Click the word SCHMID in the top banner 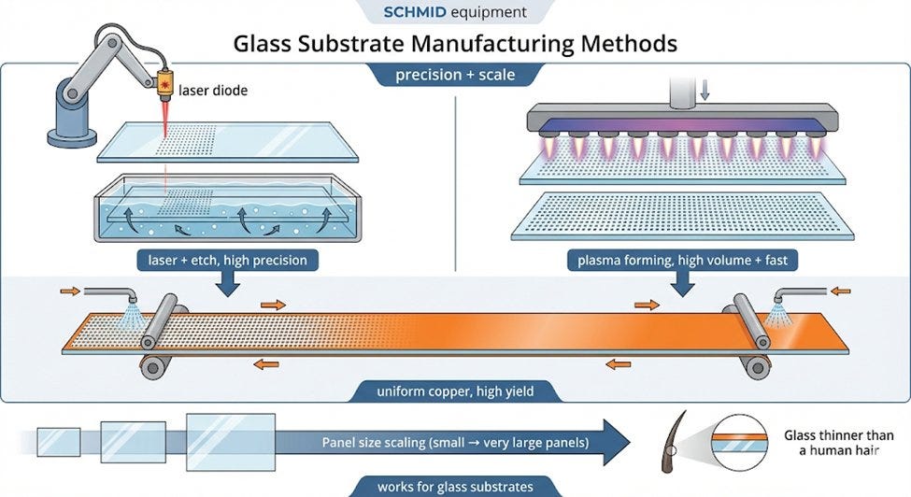pyautogui.click(x=414, y=12)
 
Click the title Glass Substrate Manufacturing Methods pyautogui.click(x=455, y=44)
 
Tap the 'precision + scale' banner pyautogui.click(x=456, y=75)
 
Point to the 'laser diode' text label pyautogui.click(x=213, y=91)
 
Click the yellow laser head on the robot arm pyautogui.click(x=164, y=83)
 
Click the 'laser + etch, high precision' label pyautogui.click(x=228, y=260)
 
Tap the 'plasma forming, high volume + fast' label pyautogui.click(x=682, y=260)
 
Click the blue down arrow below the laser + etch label pyautogui.click(x=228, y=283)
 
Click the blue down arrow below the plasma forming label pyautogui.click(x=682, y=283)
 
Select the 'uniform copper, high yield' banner pyautogui.click(x=456, y=391)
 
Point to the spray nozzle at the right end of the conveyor pyautogui.click(x=779, y=298)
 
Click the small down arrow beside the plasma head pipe pyautogui.click(x=705, y=90)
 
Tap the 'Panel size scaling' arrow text pyautogui.click(x=456, y=443)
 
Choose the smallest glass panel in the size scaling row pyautogui.click(x=59, y=443)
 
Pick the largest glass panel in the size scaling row pyautogui.click(x=231, y=442)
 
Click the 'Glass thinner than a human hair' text pyautogui.click(x=831, y=443)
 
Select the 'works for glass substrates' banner pyautogui.click(x=456, y=487)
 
